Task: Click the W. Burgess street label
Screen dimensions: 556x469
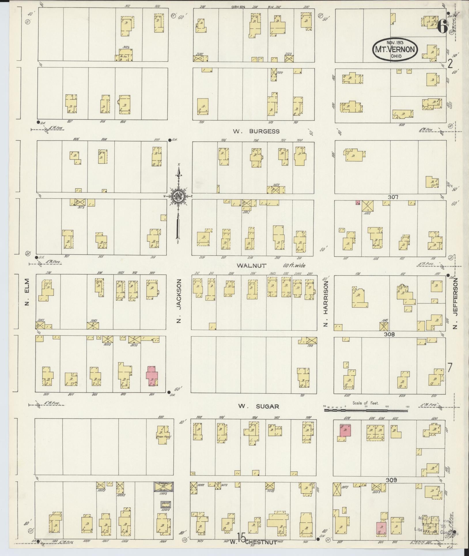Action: coord(256,131)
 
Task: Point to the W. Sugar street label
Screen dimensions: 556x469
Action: coord(258,406)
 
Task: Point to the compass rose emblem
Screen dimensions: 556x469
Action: coord(178,196)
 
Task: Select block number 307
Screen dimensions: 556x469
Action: coord(393,197)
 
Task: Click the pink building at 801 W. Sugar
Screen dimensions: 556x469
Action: coord(152,376)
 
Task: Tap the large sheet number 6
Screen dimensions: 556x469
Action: coord(442,28)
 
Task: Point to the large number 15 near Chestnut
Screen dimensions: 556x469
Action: coord(241,538)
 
